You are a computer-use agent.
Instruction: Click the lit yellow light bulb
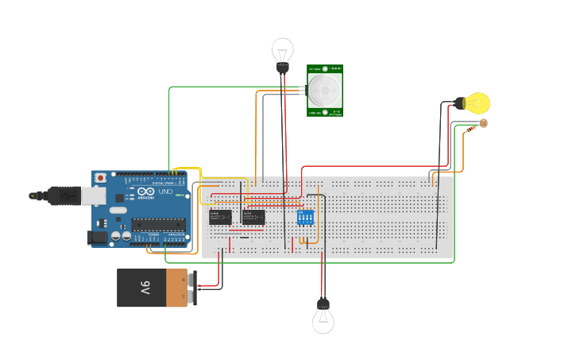(478, 103)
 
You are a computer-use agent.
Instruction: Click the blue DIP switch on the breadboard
(306, 216)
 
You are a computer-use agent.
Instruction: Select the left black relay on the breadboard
(219, 216)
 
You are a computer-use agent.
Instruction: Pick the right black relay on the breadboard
(253, 216)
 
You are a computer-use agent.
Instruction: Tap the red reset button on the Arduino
(99, 178)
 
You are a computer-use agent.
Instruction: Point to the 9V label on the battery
(145, 287)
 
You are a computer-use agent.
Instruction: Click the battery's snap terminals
(191, 287)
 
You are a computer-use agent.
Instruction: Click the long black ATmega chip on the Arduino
(158, 224)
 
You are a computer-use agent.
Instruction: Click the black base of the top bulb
(282, 68)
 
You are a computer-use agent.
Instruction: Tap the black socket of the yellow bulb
(459, 103)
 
